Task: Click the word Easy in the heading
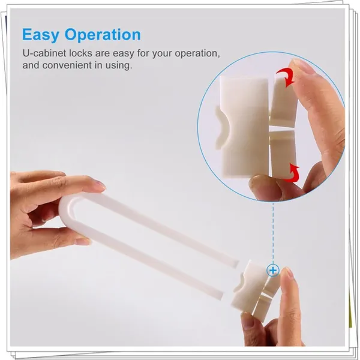point(41,35)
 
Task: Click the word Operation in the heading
point(103,35)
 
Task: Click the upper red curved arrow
point(287,76)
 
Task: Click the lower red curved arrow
point(293,173)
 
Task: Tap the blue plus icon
point(273,270)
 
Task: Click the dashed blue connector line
point(273,233)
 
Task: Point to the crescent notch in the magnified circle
point(221,127)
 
